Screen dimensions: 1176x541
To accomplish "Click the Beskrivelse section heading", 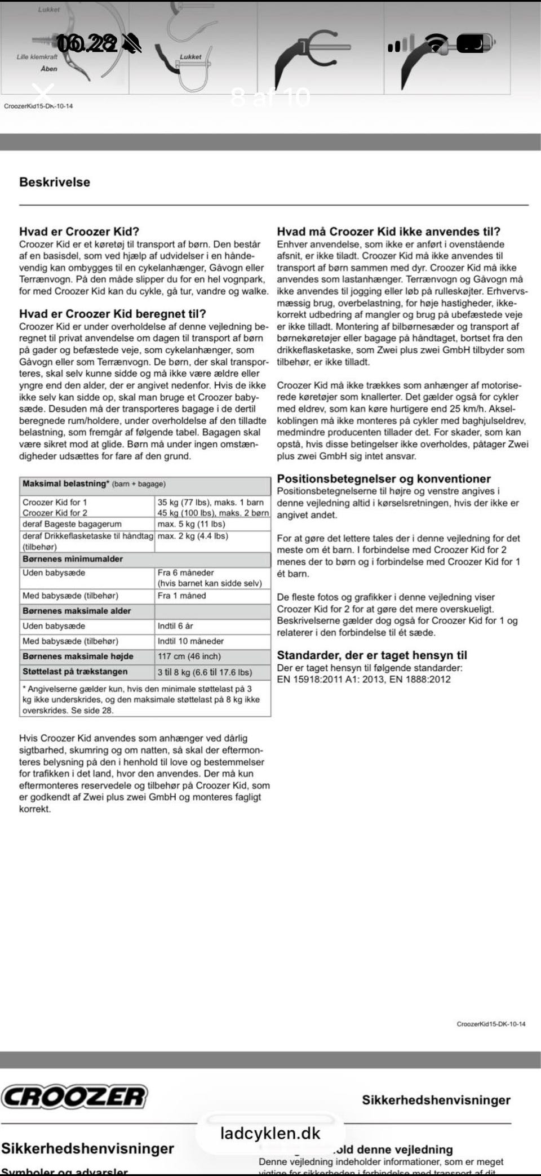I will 55,182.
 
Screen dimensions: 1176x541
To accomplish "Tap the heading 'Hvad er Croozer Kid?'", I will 79,231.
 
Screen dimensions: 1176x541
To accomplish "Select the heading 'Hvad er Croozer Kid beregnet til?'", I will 113,314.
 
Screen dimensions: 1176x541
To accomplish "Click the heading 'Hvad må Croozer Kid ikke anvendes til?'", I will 388,231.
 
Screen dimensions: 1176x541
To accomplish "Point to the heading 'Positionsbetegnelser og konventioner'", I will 384,478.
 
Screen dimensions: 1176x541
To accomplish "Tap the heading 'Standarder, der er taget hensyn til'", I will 372,655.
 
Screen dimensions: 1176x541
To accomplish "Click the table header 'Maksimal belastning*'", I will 65,483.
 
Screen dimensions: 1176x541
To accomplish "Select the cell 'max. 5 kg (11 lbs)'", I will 191,524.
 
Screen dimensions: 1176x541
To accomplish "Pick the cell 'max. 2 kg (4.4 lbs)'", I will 193,536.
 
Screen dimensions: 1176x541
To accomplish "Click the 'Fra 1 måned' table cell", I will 181,596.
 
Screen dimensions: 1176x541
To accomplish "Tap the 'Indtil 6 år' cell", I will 176,626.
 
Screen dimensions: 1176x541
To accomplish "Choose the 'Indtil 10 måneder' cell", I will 190,641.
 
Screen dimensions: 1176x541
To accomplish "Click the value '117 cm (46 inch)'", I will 189,656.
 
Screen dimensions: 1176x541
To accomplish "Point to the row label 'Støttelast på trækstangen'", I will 75,672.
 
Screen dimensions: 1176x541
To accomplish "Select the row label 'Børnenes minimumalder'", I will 73,559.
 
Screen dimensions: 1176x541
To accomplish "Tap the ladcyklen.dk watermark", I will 270,1133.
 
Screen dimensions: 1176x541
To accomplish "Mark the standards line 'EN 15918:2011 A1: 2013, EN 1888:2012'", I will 363,679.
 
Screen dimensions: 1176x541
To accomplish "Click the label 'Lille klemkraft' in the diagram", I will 37,57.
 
